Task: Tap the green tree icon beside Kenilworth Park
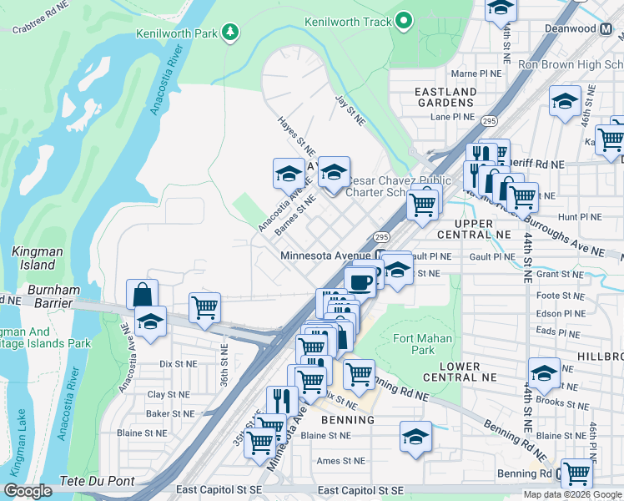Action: [x=229, y=33]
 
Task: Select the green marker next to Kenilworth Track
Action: [x=404, y=21]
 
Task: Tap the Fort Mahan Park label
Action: [x=425, y=344]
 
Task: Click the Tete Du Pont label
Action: [x=93, y=483]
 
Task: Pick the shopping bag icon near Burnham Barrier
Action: [x=143, y=294]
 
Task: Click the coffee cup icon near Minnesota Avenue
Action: [x=360, y=281]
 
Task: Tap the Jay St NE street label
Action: [x=350, y=110]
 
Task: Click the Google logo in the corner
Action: [x=28, y=491]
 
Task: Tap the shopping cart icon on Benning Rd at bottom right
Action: [x=576, y=473]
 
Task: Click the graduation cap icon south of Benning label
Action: [x=415, y=436]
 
